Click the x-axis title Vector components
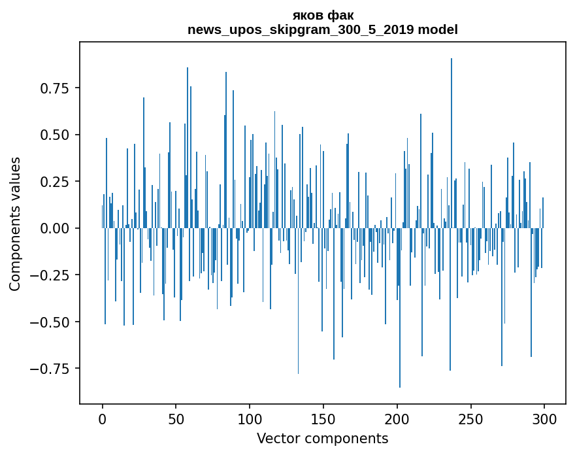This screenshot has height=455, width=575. pos(323,439)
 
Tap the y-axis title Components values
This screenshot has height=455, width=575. pos(15,224)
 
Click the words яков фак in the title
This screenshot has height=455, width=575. pos(323,15)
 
